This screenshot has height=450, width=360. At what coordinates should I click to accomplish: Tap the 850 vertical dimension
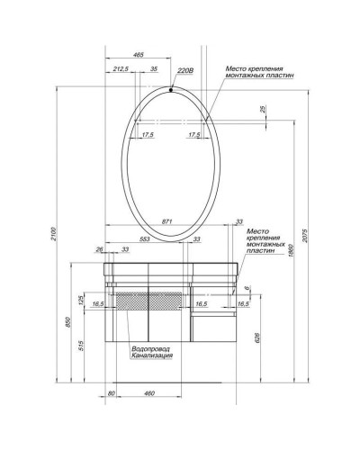click(70, 322)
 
